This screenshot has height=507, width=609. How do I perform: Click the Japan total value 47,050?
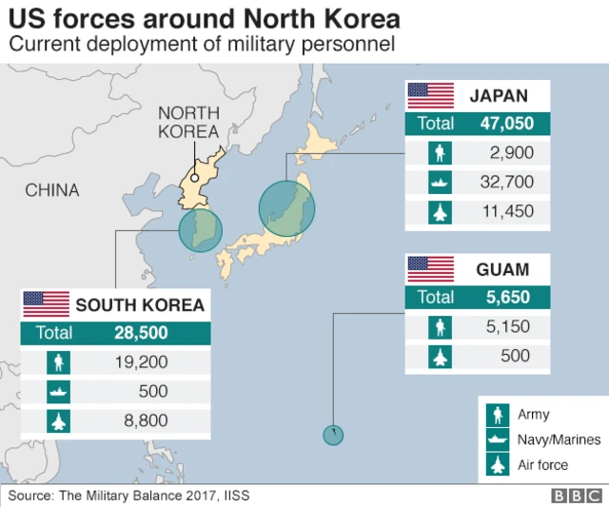(x=507, y=123)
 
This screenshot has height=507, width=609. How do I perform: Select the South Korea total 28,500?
(x=140, y=332)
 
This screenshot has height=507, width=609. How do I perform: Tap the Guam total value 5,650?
(x=507, y=298)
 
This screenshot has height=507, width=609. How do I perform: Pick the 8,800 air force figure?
(x=147, y=420)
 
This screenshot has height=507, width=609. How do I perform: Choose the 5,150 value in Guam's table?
(x=509, y=327)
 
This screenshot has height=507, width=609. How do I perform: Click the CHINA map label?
(x=52, y=190)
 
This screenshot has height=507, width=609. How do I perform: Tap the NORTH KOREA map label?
(x=188, y=123)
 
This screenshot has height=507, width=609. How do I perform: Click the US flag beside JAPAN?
(x=431, y=95)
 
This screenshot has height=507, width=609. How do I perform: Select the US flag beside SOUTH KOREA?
(x=47, y=304)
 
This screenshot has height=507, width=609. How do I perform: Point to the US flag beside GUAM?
(x=431, y=269)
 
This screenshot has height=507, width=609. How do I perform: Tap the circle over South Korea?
(x=200, y=230)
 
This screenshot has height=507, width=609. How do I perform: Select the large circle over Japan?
(x=286, y=208)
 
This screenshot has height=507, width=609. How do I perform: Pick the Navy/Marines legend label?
(x=560, y=439)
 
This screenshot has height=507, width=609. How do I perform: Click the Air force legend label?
(x=543, y=464)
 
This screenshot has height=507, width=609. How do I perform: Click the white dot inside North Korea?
(x=193, y=177)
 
